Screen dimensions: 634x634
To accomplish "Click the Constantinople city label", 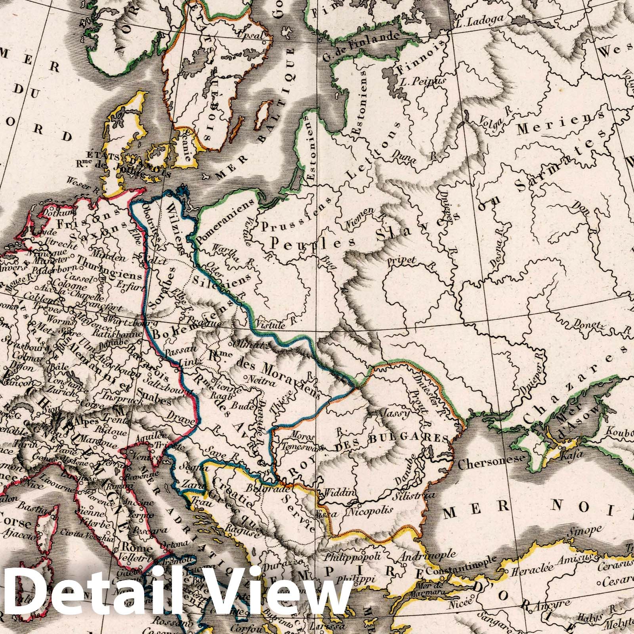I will [x=469, y=571].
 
